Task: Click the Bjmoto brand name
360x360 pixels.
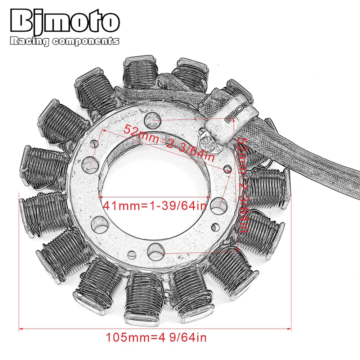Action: click(x=65, y=21)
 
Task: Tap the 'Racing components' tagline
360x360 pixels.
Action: click(x=64, y=41)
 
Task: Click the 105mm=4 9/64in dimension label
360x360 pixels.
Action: click(x=156, y=337)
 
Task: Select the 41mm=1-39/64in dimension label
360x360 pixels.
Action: click(x=155, y=205)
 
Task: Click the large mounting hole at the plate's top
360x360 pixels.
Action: click(x=152, y=120)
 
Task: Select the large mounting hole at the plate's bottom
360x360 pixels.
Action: click(x=156, y=252)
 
